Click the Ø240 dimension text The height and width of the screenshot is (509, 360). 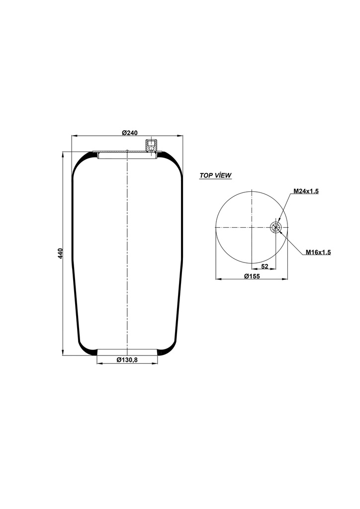point(129,132)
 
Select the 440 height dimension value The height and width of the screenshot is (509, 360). point(61,253)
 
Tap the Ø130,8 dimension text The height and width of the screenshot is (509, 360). point(127,360)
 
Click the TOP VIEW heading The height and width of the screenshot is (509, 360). point(215,175)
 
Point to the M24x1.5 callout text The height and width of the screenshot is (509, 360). point(306,191)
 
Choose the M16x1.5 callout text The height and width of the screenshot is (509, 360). point(318,253)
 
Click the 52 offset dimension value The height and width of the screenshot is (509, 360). point(265,266)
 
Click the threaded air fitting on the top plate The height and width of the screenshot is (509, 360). point(151,146)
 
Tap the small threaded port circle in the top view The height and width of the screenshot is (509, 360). point(276,228)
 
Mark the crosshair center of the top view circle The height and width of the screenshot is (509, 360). point(253,228)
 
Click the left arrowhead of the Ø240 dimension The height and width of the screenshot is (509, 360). point(74,135)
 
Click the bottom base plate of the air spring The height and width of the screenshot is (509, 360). point(128,352)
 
